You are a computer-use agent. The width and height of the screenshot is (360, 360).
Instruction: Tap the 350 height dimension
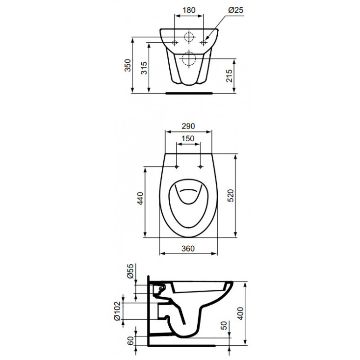(128, 65)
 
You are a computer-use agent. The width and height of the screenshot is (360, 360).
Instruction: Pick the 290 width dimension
(188, 126)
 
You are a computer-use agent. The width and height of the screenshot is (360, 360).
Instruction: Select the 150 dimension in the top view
(188, 139)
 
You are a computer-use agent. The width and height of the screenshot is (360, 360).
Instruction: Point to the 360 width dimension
(188, 248)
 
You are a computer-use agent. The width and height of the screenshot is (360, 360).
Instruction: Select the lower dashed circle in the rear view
(189, 59)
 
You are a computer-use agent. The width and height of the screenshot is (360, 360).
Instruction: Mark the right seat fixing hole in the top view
(201, 167)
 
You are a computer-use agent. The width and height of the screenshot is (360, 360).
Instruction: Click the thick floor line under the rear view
(189, 92)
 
